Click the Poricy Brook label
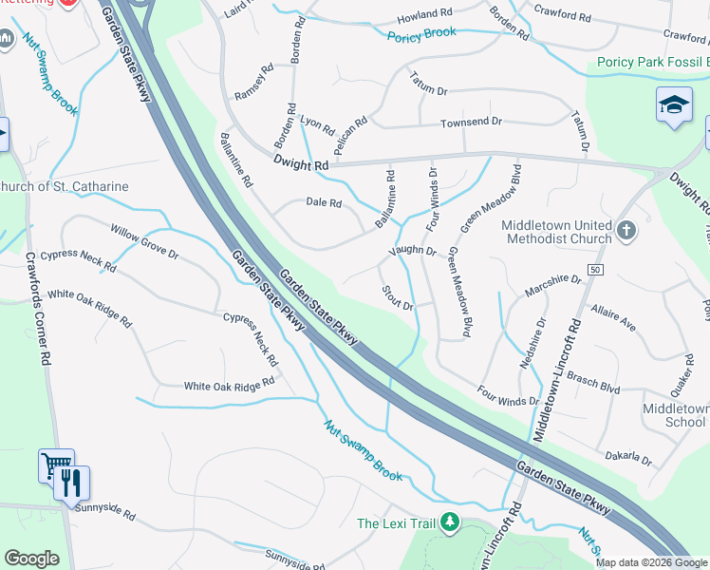(x=421, y=33)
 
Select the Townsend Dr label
(x=471, y=123)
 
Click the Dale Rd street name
(x=324, y=202)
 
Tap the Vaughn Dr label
(x=411, y=252)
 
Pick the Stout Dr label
(x=397, y=297)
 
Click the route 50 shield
(x=595, y=270)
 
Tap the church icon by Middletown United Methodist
(x=626, y=229)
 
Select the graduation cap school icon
(x=674, y=104)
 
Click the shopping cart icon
(x=55, y=465)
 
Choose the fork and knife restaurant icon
(x=72, y=483)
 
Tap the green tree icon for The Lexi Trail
(x=450, y=522)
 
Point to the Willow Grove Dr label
(x=144, y=242)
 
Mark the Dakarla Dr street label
(x=628, y=457)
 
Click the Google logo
(x=31, y=559)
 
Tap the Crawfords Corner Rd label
(x=37, y=309)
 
